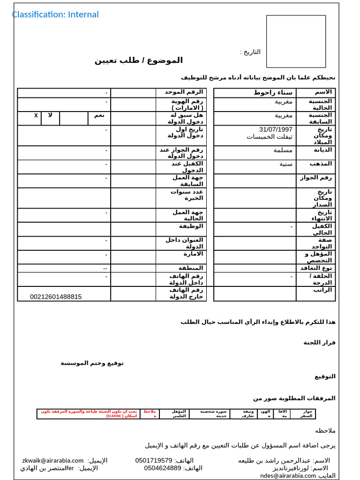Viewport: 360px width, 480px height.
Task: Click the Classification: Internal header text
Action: click(55, 15)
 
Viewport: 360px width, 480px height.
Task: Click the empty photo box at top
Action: click(296, 41)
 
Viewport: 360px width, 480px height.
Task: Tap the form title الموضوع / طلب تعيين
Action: click(139, 60)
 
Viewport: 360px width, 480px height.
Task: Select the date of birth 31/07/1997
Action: click(276, 129)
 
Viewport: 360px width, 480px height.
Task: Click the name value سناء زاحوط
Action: click(273, 92)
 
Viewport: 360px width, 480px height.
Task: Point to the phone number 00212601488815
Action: click(56, 297)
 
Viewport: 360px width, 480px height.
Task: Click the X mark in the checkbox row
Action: click(36, 115)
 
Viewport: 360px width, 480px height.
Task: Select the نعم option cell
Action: click(99, 115)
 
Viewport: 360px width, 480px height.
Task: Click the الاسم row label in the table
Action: click(323, 92)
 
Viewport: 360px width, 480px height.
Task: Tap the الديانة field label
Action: click(323, 150)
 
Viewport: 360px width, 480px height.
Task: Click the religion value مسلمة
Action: click(283, 150)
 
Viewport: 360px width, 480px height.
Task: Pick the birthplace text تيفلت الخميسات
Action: click(270, 137)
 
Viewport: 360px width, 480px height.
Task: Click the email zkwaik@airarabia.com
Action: click(53, 460)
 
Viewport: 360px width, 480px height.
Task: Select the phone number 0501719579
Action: click(154, 460)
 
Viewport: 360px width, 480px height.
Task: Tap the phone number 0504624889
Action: click(163, 468)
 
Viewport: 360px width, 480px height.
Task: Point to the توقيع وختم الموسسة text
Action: click(92, 363)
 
